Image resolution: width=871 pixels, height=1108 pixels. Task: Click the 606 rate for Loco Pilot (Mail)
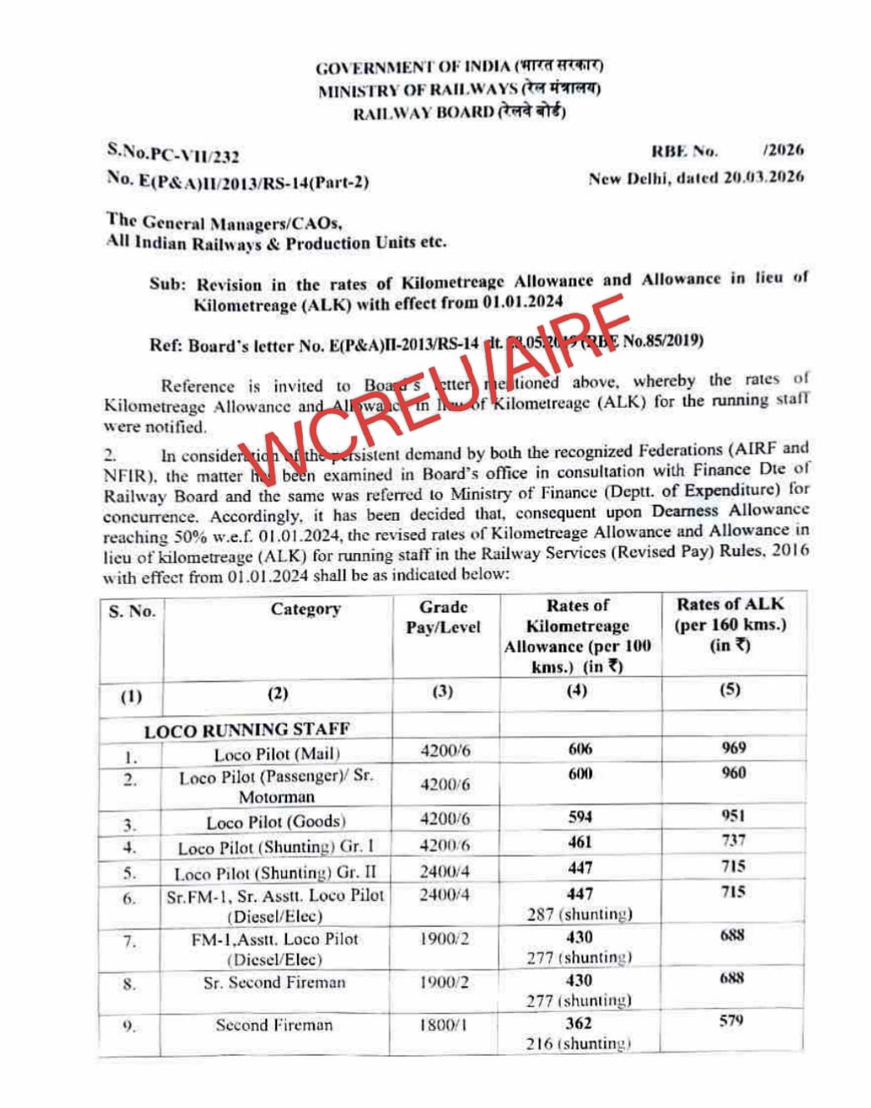click(x=580, y=749)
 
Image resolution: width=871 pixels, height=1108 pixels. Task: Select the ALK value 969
click(x=733, y=748)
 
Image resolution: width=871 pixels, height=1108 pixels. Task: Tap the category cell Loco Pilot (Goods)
click(x=276, y=822)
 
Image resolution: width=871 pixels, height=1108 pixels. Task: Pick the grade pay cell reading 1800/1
click(x=444, y=1025)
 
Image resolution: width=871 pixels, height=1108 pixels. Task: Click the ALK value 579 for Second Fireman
click(x=731, y=1020)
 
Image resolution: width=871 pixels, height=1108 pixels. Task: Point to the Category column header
click(x=305, y=609)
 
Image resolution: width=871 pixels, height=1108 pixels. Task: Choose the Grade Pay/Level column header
click(x=443, y=617)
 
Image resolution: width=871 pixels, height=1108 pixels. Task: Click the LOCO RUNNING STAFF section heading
click(x=246, y=731)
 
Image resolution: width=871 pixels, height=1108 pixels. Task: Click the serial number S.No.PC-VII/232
click(x=173, y=154)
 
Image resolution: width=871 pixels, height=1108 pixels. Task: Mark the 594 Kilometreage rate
click(x=580, y=817)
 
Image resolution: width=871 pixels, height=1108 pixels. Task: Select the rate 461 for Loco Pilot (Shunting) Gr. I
click(x=579, y=843)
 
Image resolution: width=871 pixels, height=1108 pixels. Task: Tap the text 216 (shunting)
click(x=578, y=1044)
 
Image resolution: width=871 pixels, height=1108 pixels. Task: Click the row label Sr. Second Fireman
click(x=274, y=983)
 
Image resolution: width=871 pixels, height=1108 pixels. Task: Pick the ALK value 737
click(x=733, y=840)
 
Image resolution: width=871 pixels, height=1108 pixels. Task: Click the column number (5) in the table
click(x=730, y=690)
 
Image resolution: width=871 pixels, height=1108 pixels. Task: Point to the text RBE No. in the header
click(x=684, y=151)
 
